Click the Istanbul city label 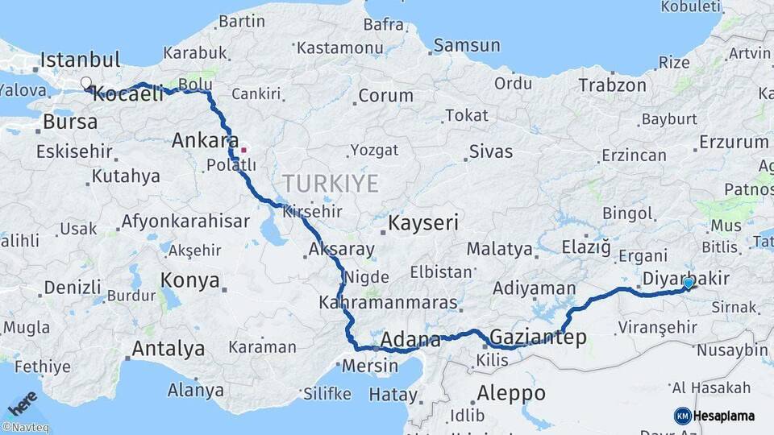(x=80, y=60)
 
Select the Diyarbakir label (x=686, y=279)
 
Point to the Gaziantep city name (x=538, y=338)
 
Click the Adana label (x=410, y=339)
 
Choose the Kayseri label (x=424, y=222)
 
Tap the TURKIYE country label (x=331, y=184)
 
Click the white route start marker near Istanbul (x=85, y=82)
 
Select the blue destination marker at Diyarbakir (x=688, y=284)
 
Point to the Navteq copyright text (x=26, y=428)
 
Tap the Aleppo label (x=511, y=394)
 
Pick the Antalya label (x=168, y=349)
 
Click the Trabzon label (x=612, y=85)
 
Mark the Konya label (x=190, y=280)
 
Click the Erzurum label (x=734, y=143)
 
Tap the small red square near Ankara (x=243, y=149)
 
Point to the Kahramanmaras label (x=388, y=304)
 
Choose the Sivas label (x=491, y=151)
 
